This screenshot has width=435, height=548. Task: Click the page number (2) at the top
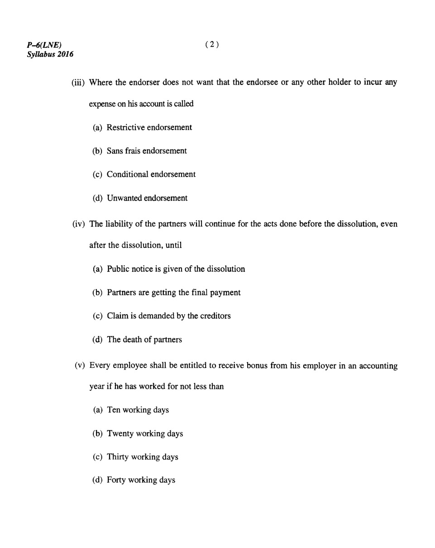click(x=212, y=44)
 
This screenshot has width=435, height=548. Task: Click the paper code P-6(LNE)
click(x=44, y=45)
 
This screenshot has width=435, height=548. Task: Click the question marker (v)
click(x=80, y=365)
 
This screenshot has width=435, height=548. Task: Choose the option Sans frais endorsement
click(x=147, y=151)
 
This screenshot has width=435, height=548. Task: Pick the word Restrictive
click(x=126, y=127)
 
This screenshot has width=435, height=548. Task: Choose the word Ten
click(x=114, y=410)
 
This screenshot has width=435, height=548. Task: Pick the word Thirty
click(x=118, y=457)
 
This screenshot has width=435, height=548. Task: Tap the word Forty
click(x=116, y=481)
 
